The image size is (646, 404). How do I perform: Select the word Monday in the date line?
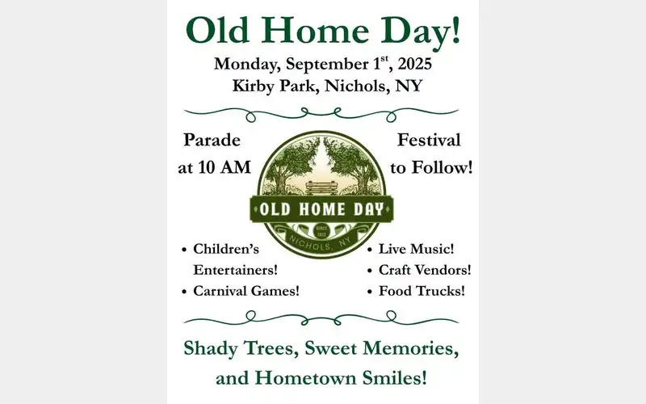click(245, 64)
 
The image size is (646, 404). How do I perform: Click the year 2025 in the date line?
click(412, 64)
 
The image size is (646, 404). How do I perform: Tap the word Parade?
click(212, 140)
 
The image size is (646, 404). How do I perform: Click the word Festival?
click(429, 140)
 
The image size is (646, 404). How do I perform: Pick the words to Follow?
click(432, 167)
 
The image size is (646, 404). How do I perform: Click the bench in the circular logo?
click(322, 187)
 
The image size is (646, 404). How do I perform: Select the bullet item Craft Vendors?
click(425, 270)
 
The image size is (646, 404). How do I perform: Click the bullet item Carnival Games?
click(246, 290)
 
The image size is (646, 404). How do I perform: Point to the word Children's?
click(225, 250)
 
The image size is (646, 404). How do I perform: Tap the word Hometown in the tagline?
click(304, 377)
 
